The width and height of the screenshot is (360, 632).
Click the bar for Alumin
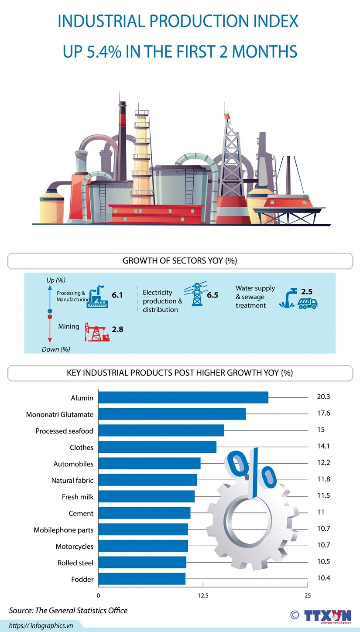click(x=183, y=397)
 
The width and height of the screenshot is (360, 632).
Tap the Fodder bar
click(x=141, y=579)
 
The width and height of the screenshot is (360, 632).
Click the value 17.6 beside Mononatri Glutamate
click(x=323, y=413)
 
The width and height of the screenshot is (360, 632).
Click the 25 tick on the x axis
click(x=308, y=596)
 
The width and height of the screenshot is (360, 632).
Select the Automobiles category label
click(x=73, y=464)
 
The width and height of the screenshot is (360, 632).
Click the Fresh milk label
click(x=78, y=497)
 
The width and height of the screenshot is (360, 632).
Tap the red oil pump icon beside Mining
click(x=97, y=332)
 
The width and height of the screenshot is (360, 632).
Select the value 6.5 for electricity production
click(x=213, y=295)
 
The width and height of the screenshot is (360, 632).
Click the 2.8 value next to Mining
click(x=117, y=329)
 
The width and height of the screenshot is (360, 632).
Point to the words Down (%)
click(x=56, y=349)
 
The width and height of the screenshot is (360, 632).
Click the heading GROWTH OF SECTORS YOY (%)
click(x=180, y=261)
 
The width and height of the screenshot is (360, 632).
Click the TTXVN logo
click(x=327, y=615)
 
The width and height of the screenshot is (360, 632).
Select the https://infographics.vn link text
click(x=41, y=625)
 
